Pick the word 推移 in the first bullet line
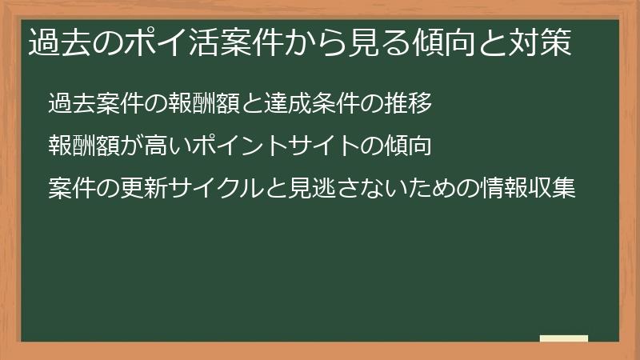click(x=410, y=103)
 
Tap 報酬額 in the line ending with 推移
click(x=206, y=103)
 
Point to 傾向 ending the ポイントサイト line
click(x=410, y=146)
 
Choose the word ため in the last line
click(x=433, y=189)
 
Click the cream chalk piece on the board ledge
click(x=564, y=338)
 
